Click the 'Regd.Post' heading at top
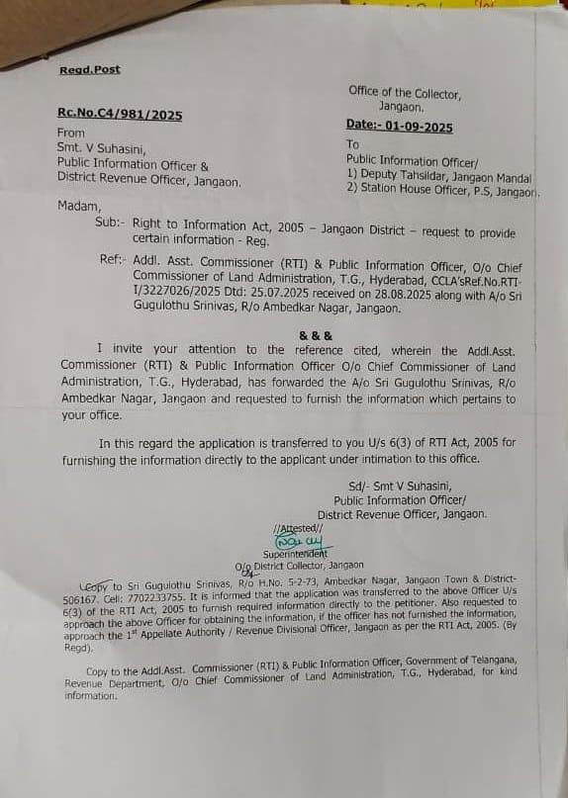[89, 69]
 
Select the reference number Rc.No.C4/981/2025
[120, 115]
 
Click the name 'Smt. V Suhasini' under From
[101, 148]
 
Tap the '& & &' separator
[316, 335]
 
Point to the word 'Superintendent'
[295, 554]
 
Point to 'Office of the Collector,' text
[404, 92]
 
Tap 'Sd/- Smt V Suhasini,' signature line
[400, 486]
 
